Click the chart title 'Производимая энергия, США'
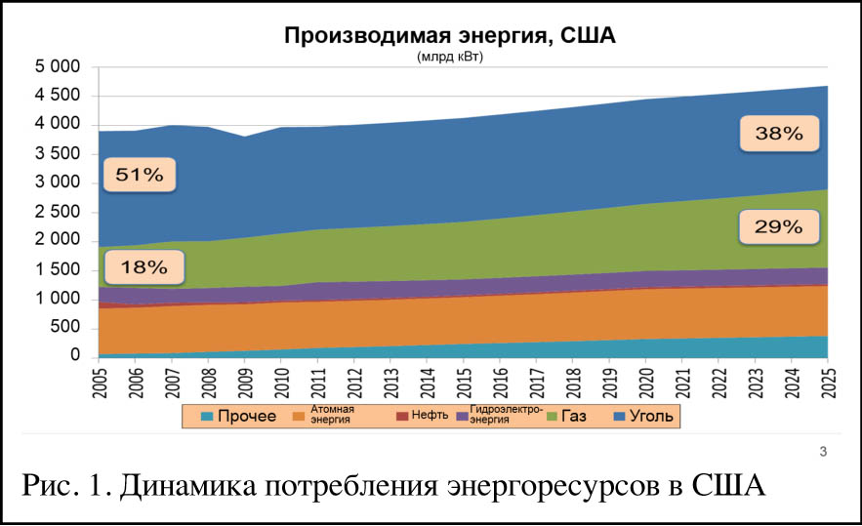(x=450, y=36)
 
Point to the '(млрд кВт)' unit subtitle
(x=450, y=58)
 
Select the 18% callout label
(x=144, y=266)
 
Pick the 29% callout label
(x=778, y=227)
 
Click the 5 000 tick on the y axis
(x=56, y=67)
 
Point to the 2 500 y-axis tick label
(x=56, y=212)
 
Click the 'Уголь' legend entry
(x=643, y=417)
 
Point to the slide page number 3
(x=823, y=451)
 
